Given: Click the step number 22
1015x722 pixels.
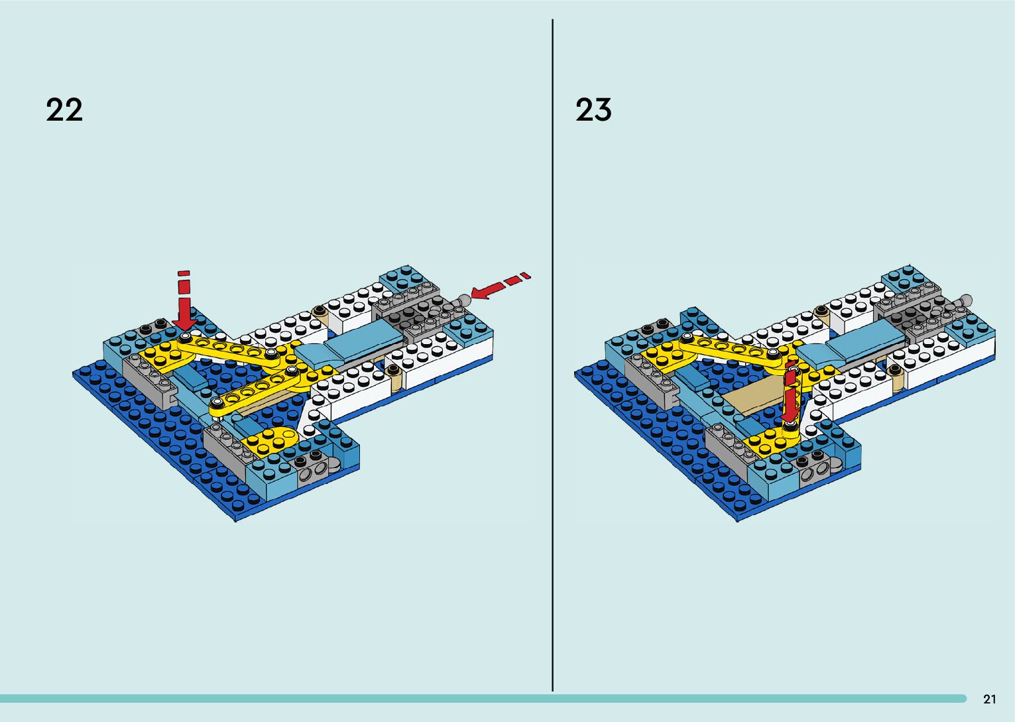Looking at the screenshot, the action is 64,109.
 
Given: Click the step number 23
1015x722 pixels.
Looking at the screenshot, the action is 593,109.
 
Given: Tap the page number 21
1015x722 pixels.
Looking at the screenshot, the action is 989,699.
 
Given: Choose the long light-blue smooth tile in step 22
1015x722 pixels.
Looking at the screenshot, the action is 358,345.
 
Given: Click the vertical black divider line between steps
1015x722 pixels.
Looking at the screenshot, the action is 552,358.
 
